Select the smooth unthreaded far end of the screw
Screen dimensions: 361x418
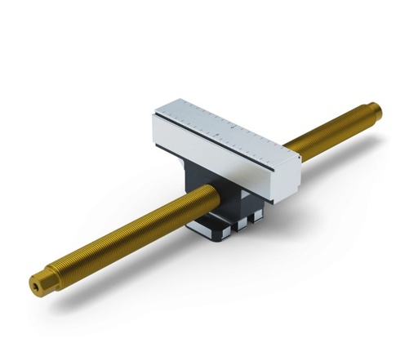pyautogui.click(x=371, y=109)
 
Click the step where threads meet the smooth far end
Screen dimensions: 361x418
pyautogui.click(x=365, y=113)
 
